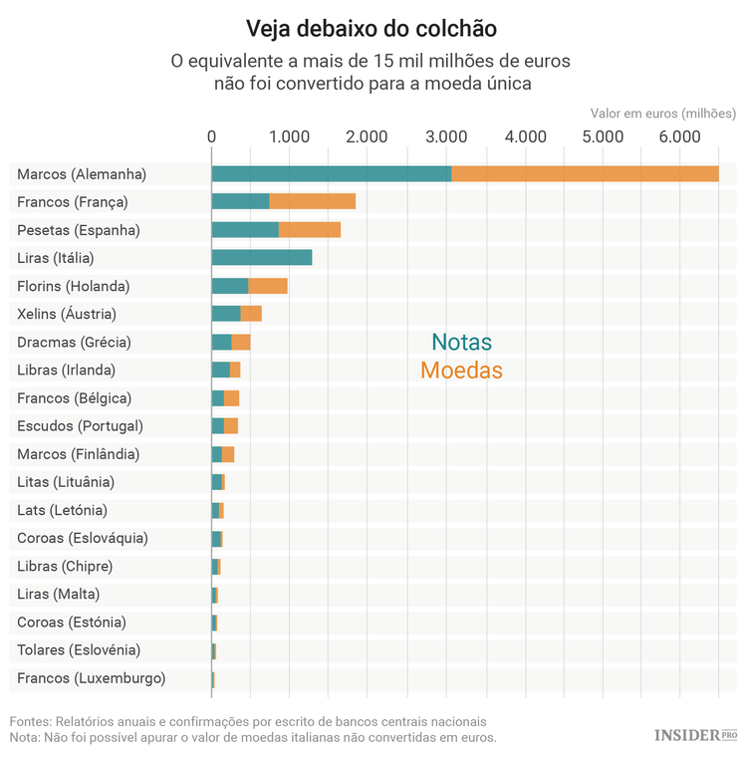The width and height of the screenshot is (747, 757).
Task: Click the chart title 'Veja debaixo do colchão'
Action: point(372,26)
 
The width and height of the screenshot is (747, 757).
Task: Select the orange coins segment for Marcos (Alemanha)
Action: point(585,174)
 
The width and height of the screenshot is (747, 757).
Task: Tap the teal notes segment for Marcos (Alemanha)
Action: point(331,174)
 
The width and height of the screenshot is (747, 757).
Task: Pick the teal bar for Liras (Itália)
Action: point(261,258)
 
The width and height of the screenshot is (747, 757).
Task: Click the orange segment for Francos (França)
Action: point(312,202)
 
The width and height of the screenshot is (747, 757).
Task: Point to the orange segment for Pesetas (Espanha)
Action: point(309,230)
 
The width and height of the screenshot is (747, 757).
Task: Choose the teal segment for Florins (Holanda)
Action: point(230,286)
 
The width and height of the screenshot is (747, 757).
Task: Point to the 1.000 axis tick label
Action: point(289,136)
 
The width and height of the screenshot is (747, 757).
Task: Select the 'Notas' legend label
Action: point(461,343)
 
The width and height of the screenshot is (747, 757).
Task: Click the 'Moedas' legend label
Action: point(461,371)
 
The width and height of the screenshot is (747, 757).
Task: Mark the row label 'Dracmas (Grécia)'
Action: point(74,342)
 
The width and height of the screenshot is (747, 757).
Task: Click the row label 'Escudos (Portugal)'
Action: point(80,425)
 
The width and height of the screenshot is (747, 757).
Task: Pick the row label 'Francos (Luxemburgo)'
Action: point(91,678)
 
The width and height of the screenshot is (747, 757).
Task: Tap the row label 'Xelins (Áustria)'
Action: point(67,314)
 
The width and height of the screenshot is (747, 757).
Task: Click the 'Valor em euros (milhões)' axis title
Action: point(662,114)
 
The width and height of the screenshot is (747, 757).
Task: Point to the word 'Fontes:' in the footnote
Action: point(30,721)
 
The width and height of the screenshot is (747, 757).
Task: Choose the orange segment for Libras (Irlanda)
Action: point(235,370)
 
